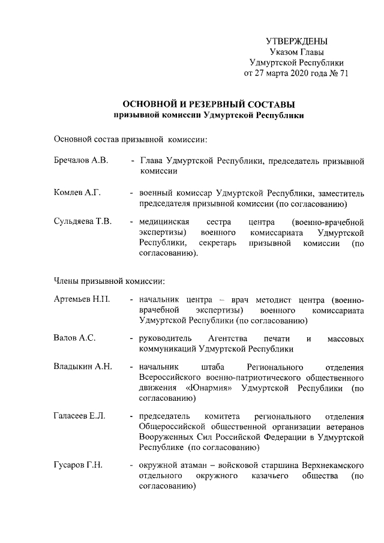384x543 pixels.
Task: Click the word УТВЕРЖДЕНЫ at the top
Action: (296, 41)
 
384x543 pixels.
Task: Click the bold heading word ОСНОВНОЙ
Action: (151, 104)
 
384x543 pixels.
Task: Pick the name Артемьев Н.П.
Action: (81, 299)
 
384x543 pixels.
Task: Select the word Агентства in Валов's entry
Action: (226, 338)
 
